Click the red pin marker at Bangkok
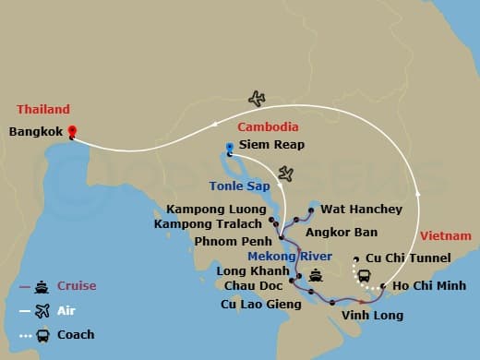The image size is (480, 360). (72, 132)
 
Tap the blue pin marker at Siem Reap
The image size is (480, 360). (229, 147)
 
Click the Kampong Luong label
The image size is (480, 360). (222, 209)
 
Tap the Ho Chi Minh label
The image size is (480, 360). (426, 286)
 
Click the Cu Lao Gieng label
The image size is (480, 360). (256, 303)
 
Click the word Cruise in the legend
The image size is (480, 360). (76, 286)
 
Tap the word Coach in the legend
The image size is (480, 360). (76, 334)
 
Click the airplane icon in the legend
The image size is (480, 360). (42, 310)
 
